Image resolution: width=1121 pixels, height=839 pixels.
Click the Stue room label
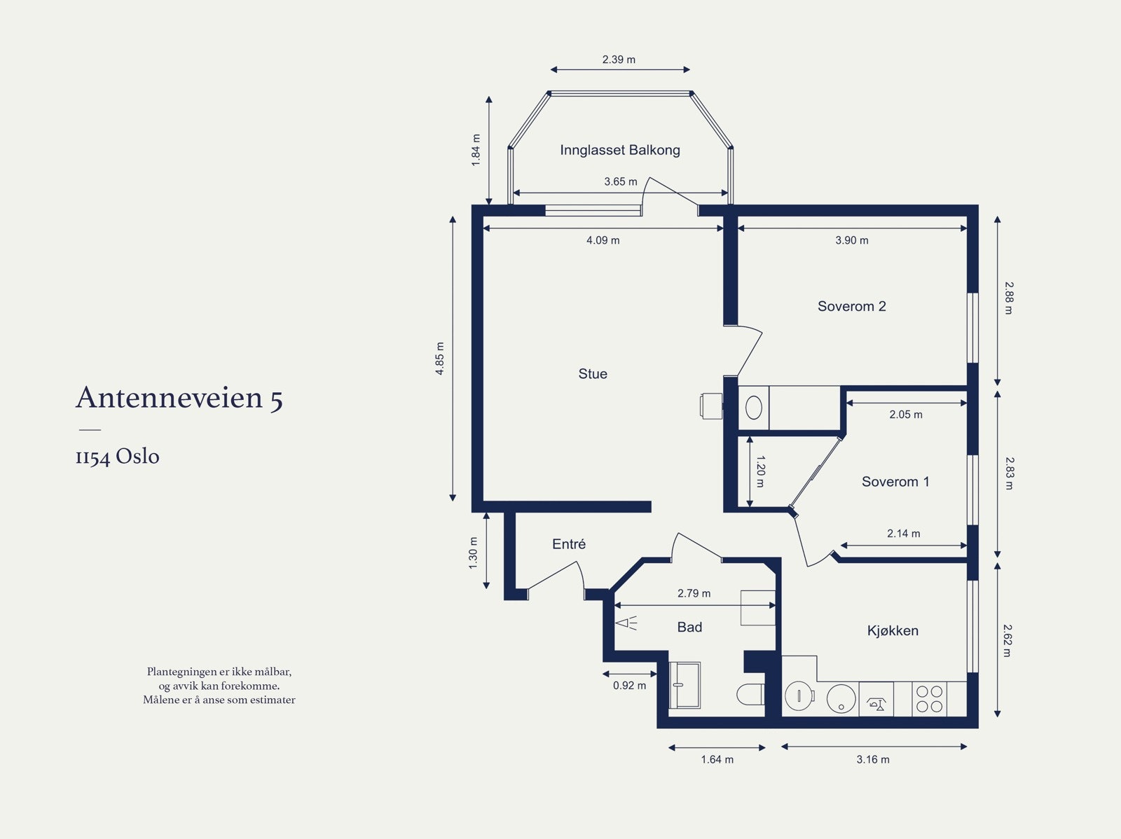coord(593,373)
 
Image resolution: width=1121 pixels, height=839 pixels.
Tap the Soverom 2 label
coord(851,306)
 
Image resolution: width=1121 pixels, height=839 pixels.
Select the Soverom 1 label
coord(895,481)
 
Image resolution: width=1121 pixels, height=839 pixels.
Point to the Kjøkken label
coord(892,631)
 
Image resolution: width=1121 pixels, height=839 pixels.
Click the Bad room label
coord(689,627)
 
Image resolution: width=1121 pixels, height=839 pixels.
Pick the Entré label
coord(568,544)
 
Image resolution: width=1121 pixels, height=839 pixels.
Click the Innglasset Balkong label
coord(620,150)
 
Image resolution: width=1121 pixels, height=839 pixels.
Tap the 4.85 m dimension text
coord(440,359)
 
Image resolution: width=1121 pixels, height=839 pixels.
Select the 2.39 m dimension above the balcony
coord(619,60)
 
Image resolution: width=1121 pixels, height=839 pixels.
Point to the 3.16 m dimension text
coord(873,759)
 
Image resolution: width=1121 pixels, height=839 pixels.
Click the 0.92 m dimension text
coord(629,686)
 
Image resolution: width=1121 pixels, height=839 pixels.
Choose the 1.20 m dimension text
coord(760,471)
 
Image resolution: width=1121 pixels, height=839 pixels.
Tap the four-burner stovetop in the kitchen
coord(929,699)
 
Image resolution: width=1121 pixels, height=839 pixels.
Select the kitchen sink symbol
coord(876,699)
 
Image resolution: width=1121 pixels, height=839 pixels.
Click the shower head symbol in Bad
coord(626,623)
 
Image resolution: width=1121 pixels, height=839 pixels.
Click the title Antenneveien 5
coord(179,398)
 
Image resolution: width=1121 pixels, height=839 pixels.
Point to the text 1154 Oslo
coord(118,456)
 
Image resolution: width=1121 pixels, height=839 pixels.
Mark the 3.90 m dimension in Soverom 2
coord(851,240)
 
